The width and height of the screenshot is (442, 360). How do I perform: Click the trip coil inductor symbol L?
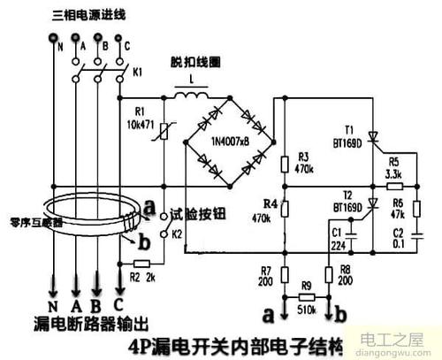coord(189,94)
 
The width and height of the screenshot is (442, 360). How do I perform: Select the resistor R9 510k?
coord(309,296)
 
